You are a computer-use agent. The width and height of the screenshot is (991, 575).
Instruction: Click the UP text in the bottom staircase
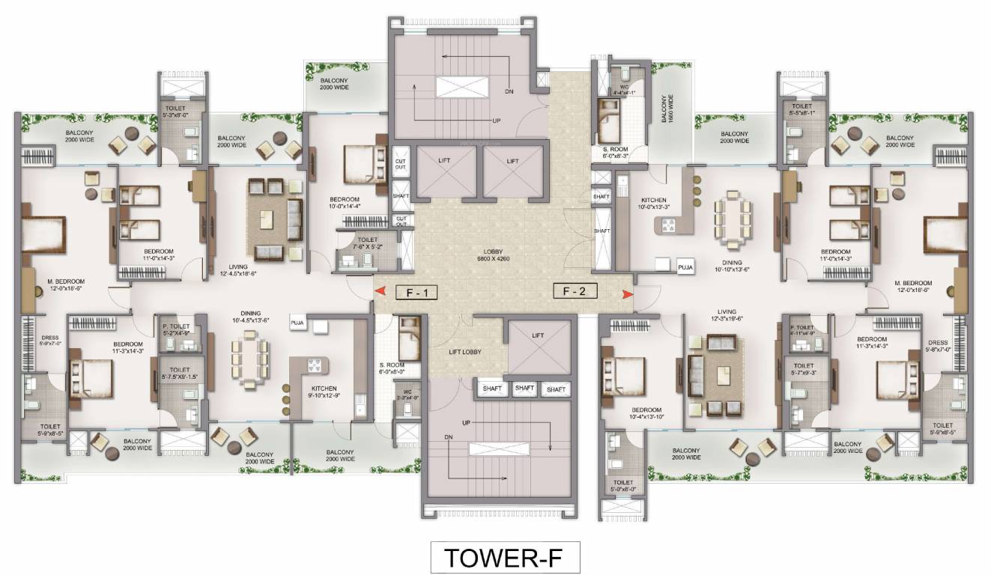point(466,424)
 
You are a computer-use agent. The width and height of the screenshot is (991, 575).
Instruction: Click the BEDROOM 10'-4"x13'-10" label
point(646,413)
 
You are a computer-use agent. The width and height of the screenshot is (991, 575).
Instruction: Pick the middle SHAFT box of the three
point(524,389)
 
